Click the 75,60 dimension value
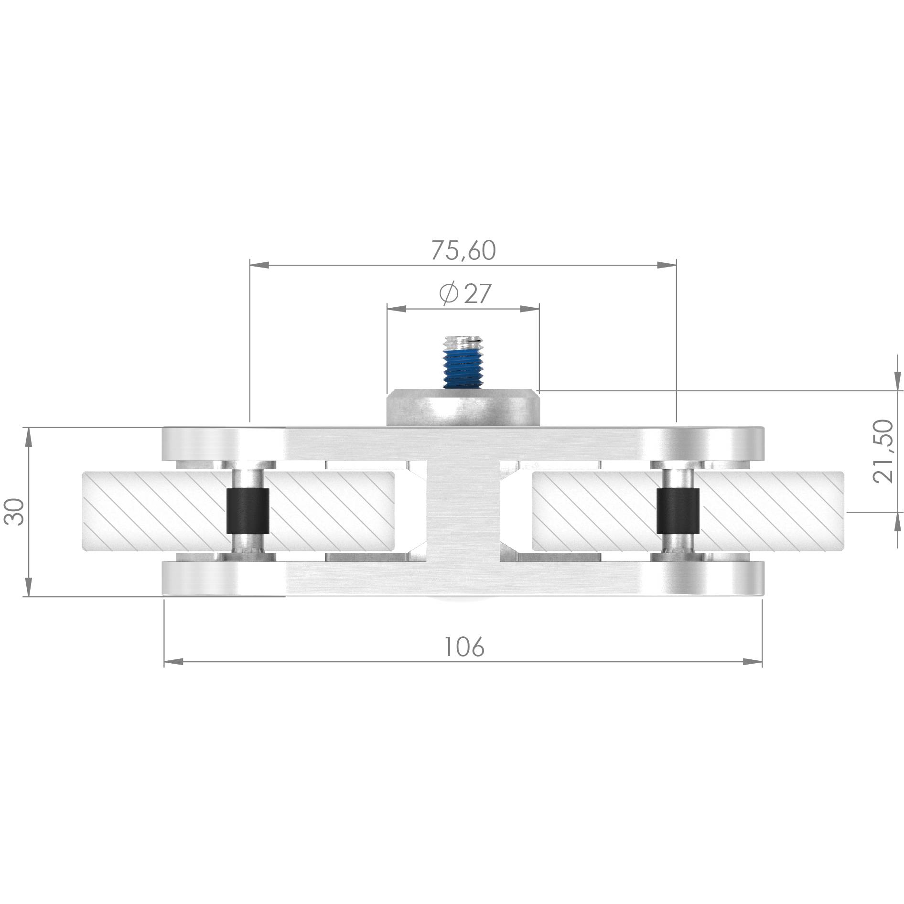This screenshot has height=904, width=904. (x=463, y=250)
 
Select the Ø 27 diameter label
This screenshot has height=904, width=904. (x=464, y=293)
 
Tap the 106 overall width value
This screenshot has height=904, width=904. (x=464, y=647)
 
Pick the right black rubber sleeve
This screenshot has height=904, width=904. (x=678, y=511)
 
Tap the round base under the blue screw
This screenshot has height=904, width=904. (x=463, y=408)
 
